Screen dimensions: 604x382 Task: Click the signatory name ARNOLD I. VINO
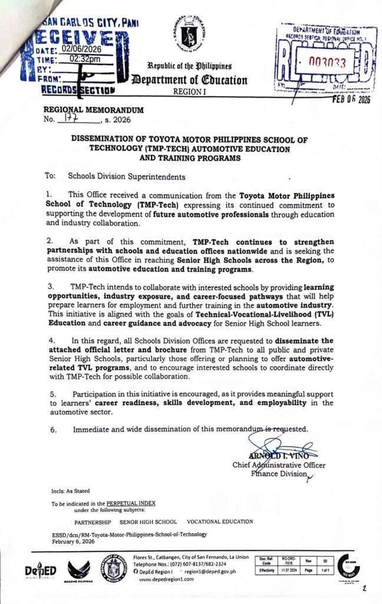[275, 454]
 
